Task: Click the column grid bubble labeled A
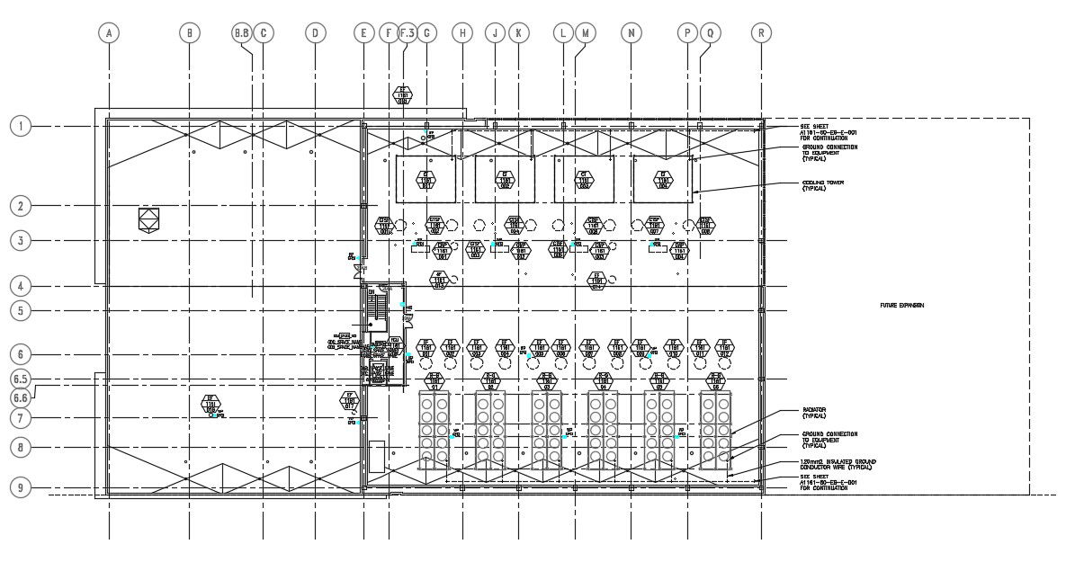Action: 108,33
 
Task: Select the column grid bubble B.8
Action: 242,33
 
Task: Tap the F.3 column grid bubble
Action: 407,33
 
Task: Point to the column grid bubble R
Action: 761,33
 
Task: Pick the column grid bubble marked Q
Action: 710,33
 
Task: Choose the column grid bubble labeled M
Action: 585,33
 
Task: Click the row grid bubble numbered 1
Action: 20,126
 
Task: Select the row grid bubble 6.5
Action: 20,379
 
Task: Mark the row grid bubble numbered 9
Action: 20,487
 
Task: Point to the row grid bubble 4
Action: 20,286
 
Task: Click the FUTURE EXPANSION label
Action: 901,306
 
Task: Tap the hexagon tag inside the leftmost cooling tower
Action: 426,180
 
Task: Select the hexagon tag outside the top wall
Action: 403,94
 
